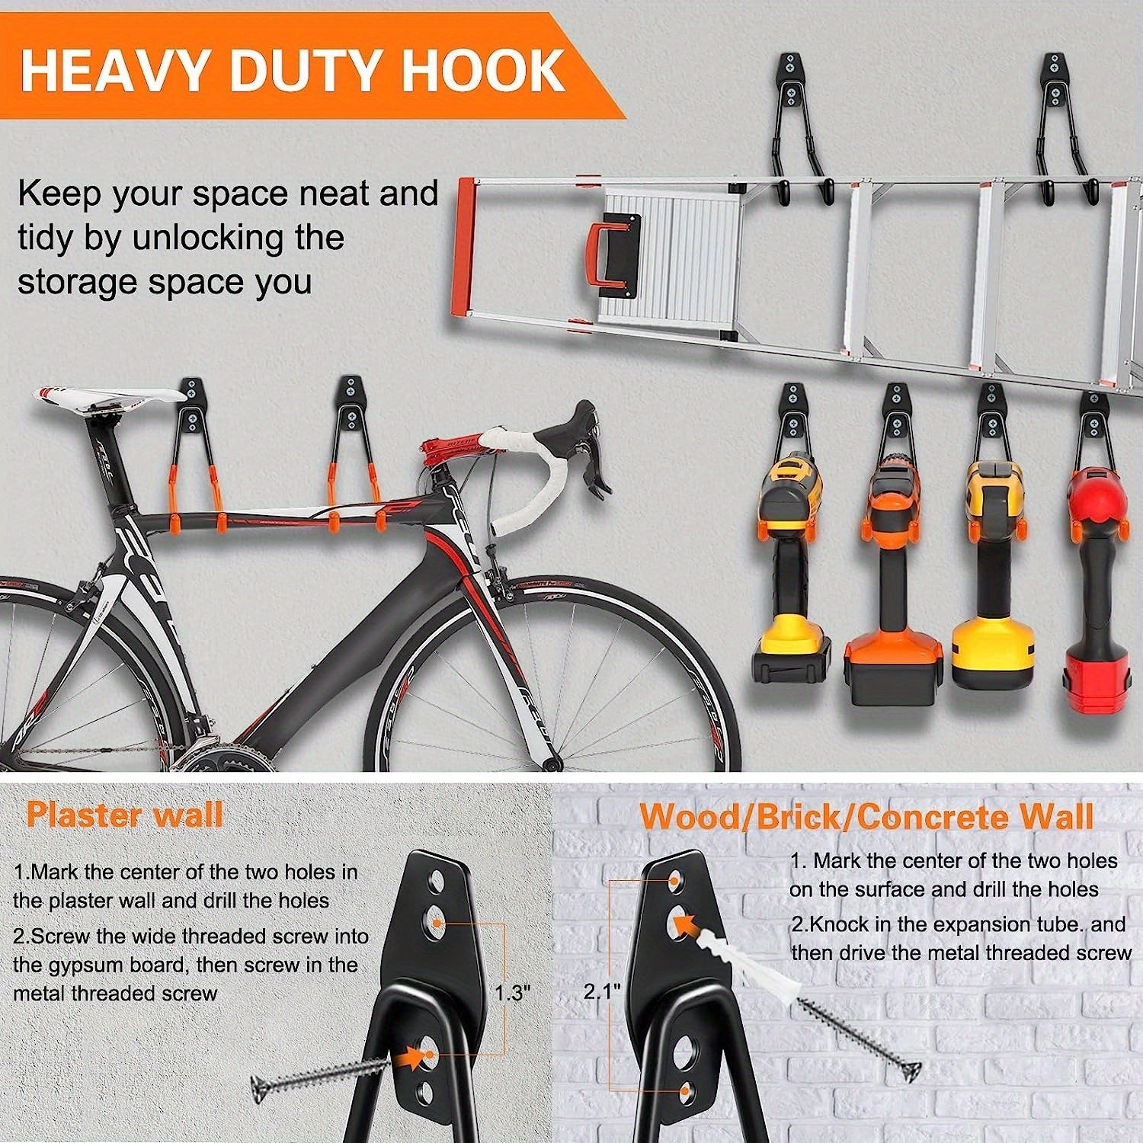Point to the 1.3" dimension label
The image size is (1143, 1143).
512,994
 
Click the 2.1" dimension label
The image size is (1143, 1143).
603,991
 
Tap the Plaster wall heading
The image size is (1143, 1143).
124,815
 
